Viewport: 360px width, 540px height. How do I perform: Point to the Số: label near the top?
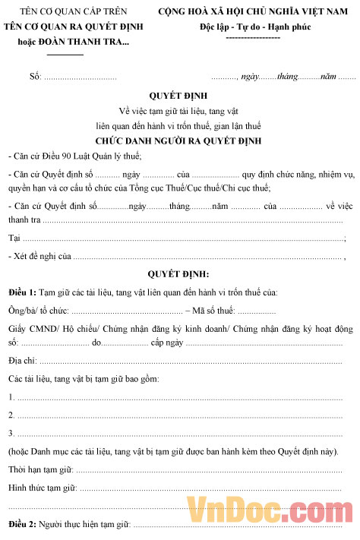[x=35, y=77]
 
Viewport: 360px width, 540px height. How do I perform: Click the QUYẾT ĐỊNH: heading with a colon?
[x=178, y=273]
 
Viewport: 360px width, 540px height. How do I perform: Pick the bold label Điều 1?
[x=22, y=292]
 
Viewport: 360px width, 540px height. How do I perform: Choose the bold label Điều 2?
[x=22, y=524]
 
